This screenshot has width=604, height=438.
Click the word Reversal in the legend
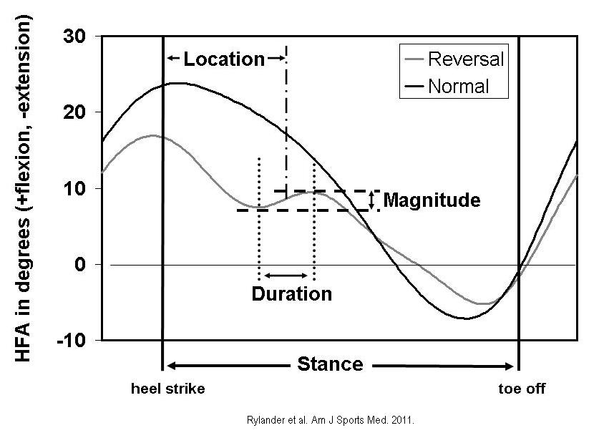(x=466, y=59)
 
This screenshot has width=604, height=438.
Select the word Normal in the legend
(x=459, y=87)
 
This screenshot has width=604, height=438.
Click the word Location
(x=224, y=59)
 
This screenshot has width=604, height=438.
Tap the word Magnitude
(x=432, y=200)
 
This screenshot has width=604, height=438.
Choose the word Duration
(x=292, y=293)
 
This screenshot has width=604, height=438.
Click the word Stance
(x=331, y=364)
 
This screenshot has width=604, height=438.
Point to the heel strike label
(x=167, y=389)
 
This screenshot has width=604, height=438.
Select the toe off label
(x=522, y=389)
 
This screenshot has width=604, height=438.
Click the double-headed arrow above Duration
(x=286, y=276)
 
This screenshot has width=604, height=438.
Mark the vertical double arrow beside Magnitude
(x=372, y=200)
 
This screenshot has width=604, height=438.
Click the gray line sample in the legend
(x=412, y=59)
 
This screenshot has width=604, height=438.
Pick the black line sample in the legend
(x=412, y=87)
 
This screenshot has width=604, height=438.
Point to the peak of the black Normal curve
(x=176, y=83)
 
